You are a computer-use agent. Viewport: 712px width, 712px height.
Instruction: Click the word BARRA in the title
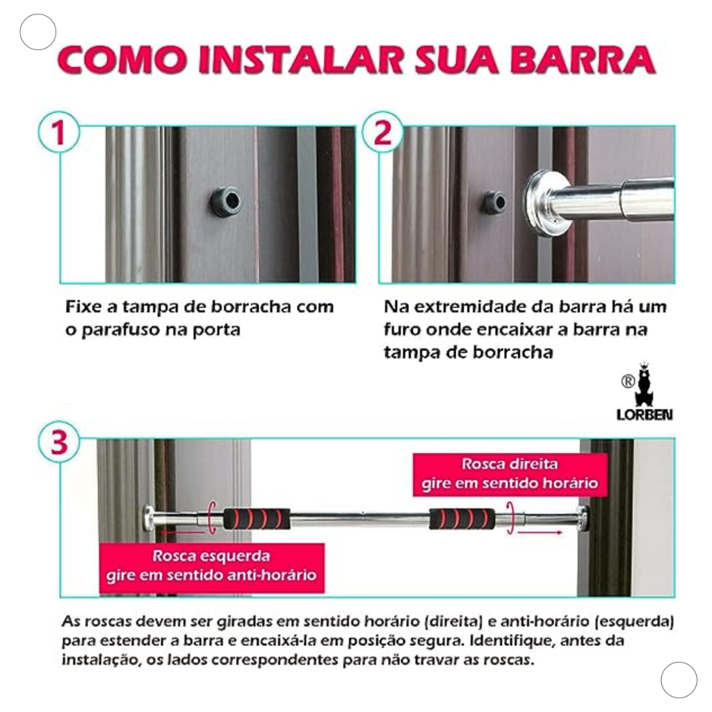click(x=583, y=60)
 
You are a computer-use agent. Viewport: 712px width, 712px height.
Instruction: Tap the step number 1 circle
click(x=59, y=132)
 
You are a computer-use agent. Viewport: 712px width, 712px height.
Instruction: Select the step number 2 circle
click(x=382, y=132)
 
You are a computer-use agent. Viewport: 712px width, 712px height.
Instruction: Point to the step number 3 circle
click(x=59, y=442)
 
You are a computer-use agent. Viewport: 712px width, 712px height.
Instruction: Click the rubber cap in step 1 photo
click(x=226, y=202)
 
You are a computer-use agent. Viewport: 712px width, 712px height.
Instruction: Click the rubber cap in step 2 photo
click(x=494, y=202)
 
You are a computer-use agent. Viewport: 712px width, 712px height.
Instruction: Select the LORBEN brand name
click(x=645, y=414)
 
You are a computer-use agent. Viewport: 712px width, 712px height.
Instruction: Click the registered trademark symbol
click(x=628, y=382)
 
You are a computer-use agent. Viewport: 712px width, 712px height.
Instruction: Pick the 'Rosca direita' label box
click(x=510, y=474)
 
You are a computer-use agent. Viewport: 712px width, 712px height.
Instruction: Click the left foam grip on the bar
click(x=257, y=519)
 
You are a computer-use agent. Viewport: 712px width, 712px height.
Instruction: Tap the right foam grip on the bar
click(x=462, y=519)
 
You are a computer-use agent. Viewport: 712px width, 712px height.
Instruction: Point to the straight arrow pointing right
click(x=540, y=532)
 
